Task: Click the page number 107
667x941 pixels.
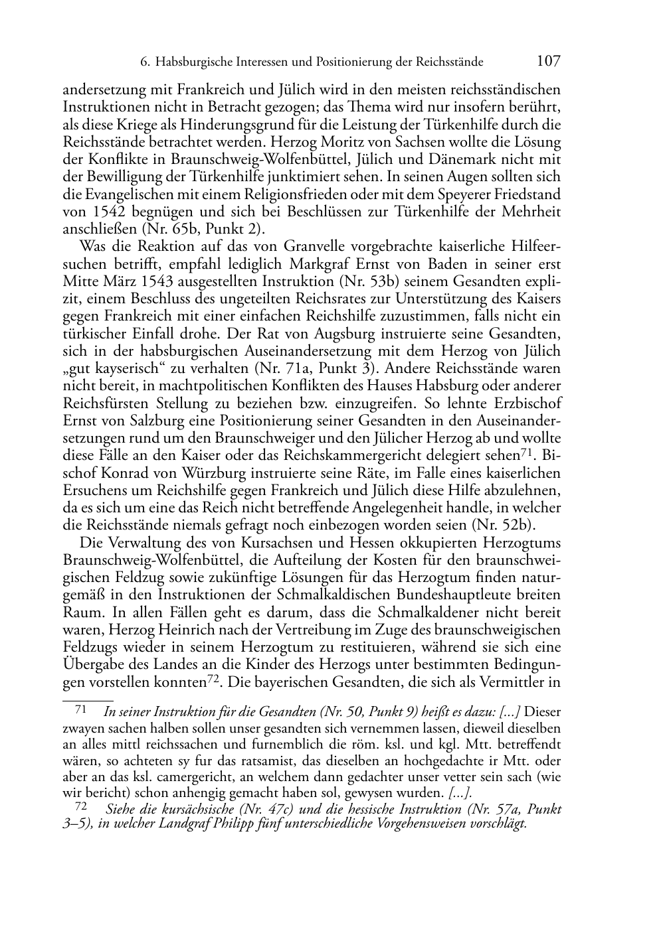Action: (548, 62)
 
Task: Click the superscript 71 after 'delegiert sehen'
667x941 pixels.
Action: (527, 453)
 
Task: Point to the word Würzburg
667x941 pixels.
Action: (207, 473)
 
